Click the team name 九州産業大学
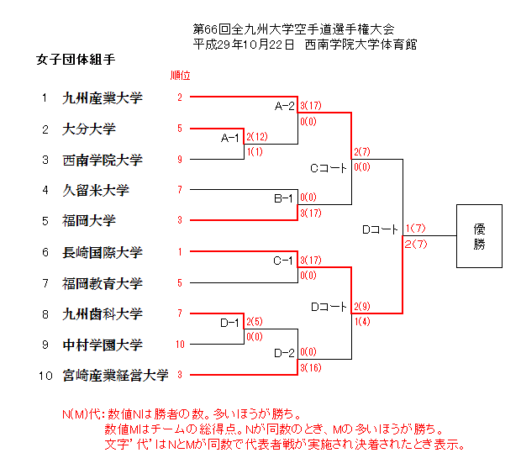[x=103, y=98]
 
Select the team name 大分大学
[x=88, y=129]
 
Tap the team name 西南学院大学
[x=103, y=160]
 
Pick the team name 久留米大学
[x=95, y=191]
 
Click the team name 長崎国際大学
[x=103, y=252]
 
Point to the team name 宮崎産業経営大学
[x=116, y=375]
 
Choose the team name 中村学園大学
[x=103, y=345]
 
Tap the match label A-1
[x=229, y=137]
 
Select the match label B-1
[x=283, y=198]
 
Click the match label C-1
[x=283, y=260]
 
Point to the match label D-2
[x=283, y=352]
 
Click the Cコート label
[x=329, y=168]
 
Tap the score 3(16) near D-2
[x=310, y=367]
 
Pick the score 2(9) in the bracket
[x=362, y=306]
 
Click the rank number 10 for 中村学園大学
[x=180, y=345]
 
